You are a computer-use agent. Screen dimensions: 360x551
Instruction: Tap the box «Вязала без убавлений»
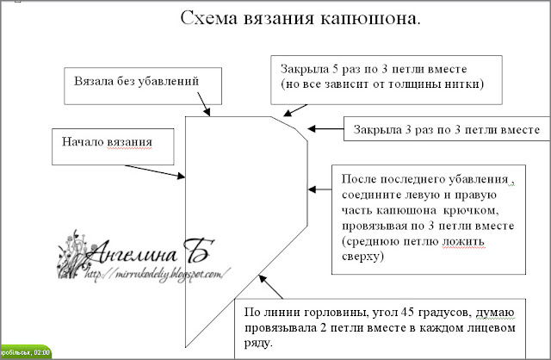pyautogui.click(x=138, y=83)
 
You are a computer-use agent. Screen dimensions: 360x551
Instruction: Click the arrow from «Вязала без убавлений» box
pyautogui.click(x=204, y=106)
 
